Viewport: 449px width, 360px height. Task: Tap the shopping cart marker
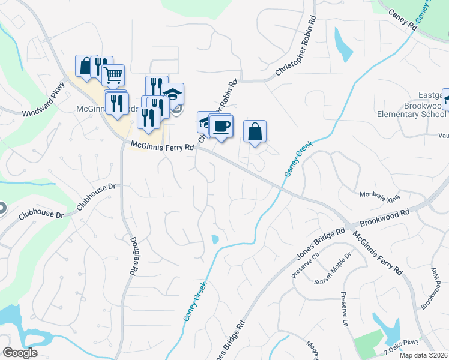(112, 76)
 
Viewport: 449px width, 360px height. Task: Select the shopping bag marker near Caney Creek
(255, 131)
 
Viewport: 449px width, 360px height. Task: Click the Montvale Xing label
(379, 196)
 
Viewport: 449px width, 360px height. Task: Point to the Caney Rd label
(402, 20)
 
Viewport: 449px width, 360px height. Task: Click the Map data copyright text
(423, 355)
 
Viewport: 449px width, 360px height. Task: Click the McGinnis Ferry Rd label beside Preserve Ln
(378, 253)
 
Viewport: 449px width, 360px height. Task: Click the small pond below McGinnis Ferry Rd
(215, 240)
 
